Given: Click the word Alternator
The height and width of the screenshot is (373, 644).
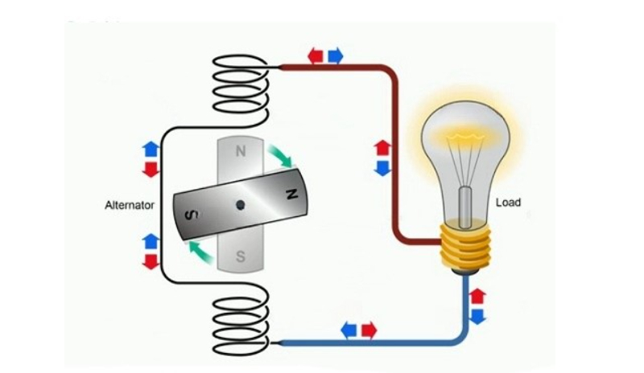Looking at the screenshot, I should click(129, 205).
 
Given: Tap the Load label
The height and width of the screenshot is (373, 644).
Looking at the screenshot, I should click(508, 203).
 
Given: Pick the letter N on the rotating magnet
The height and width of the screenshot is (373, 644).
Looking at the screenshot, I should click(291, 193).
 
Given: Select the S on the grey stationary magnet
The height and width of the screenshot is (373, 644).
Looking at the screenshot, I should click(240, 257).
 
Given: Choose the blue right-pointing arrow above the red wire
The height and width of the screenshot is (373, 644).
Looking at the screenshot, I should click(335, 55).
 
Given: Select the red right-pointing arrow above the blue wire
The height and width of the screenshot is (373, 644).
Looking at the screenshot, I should click(369, 330).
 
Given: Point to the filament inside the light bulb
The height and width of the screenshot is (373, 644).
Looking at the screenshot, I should click(465, 153).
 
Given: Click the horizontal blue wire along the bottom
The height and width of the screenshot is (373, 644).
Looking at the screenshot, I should click(370, 343).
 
